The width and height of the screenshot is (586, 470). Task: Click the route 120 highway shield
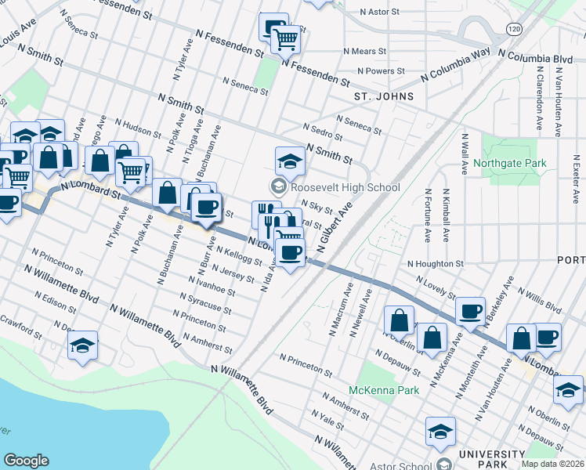(x=514, y=29)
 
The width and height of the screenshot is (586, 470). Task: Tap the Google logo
(x=26, y=461)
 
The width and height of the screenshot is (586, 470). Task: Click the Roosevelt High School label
(x=345, y=187)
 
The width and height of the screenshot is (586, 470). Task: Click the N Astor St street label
(x=385, y=13)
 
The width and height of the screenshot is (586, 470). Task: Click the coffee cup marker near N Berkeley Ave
(x=470, y=310)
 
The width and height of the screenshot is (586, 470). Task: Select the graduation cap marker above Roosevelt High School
(x=289, y=161)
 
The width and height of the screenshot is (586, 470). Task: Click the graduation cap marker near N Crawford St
(x=82, y=345)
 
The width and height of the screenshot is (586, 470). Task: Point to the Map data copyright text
(x=553, y=464)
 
